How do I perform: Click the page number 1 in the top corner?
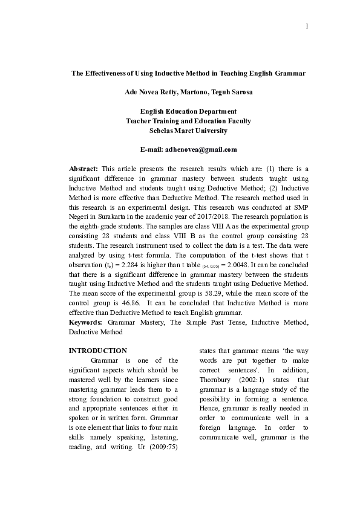308,26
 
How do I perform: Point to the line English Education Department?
188,111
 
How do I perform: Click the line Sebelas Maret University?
188,130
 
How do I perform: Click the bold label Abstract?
83,169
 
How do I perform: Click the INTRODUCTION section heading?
98,351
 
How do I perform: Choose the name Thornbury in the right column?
219,380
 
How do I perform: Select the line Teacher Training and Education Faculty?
188,121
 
